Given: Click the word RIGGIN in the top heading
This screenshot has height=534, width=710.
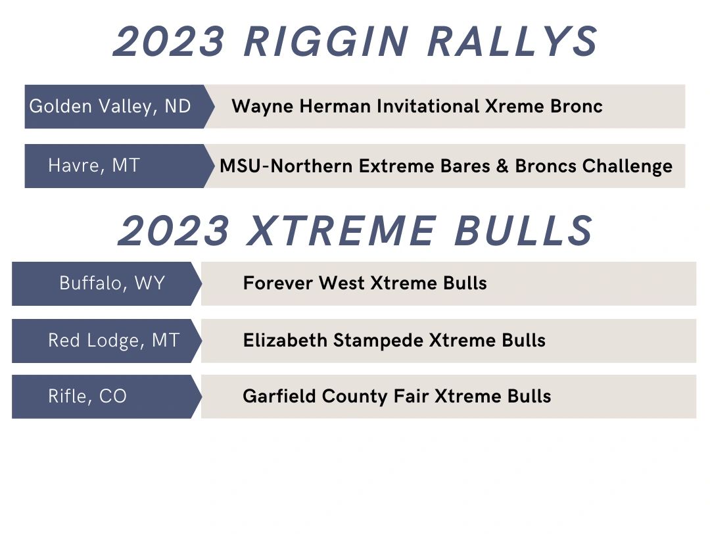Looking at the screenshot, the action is click(326, 41).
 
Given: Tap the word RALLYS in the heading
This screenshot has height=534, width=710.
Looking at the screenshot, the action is click(513, 41).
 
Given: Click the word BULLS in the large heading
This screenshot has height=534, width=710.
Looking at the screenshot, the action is click(523, 231).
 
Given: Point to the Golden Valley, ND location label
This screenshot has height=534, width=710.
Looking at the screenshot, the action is click(110, 107).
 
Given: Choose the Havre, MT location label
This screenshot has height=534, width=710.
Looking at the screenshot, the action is click(94, 165).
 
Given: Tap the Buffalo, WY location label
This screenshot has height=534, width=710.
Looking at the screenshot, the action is click(112, 283).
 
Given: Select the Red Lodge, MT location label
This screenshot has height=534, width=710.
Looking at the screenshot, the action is click(114, 340).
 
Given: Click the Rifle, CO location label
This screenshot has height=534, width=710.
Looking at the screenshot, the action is click(87, 397).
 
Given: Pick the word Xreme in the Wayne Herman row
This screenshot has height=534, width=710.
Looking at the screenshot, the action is click(515, 107).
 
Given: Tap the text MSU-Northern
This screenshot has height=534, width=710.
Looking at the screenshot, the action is click(286, 166).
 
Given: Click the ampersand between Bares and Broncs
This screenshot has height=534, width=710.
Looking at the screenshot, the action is click(503, 166).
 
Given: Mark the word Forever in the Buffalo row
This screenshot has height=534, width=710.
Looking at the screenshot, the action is click(278, 283).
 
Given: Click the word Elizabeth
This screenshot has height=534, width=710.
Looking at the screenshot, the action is click(285, 340).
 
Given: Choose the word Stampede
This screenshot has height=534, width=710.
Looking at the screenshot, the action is click(378, 341).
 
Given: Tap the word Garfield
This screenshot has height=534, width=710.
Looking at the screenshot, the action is click(279, 397).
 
